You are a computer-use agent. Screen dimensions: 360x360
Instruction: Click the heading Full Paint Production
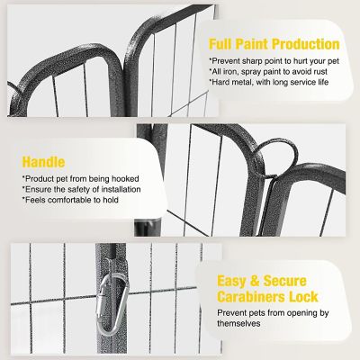pos(274,43)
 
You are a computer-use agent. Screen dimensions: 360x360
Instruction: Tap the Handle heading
pos(43,162)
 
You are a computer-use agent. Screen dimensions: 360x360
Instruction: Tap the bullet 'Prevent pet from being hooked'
pos(69,178)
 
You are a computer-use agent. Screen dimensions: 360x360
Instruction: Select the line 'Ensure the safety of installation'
pos(70,189)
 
